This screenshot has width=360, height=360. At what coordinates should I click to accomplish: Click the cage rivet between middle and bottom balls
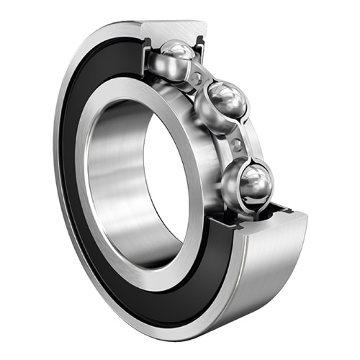[x=237, y=145]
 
